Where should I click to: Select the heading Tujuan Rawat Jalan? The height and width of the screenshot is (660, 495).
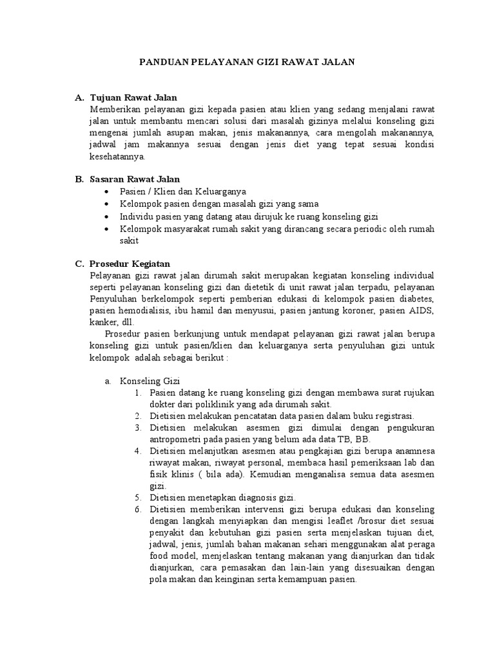(133, 97)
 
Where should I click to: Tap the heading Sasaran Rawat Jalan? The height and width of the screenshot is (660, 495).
(135, 179)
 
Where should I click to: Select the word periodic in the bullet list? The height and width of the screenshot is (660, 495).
(349, 229)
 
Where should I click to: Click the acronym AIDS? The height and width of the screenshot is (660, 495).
(422, 312)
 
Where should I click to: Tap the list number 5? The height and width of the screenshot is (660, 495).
(139, 498)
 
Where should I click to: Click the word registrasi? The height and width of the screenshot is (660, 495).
(393, 416)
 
